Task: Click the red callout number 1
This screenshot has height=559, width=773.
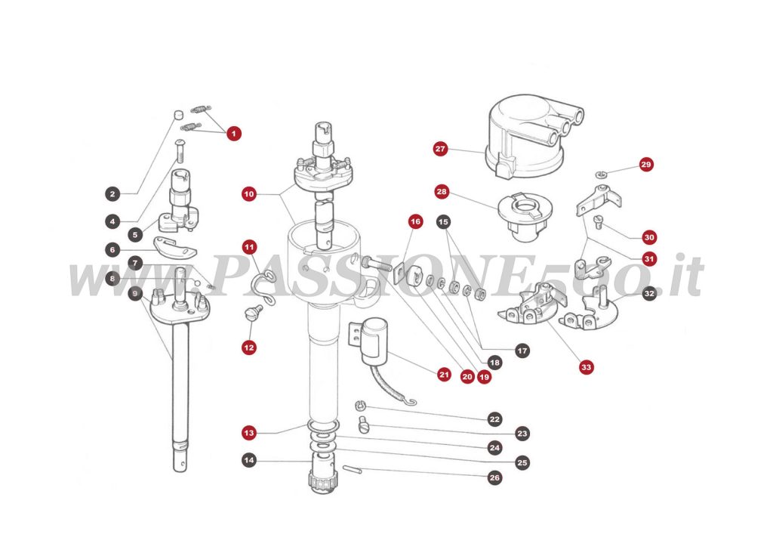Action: (x=233, y=134)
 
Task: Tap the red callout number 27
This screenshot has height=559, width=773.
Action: (x=441, y=149)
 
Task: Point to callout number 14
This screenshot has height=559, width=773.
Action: (x=249, y=459)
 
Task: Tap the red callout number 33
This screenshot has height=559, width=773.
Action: (x=587, y=368)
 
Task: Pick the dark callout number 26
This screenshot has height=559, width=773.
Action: (x=494, y=477)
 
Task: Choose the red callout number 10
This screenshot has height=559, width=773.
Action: (x=249, y=194)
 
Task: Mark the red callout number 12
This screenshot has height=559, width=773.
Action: (x=249, y=347)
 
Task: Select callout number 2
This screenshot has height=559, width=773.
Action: (x=112, y=194)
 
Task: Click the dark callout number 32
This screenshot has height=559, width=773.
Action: (x=649, y=295)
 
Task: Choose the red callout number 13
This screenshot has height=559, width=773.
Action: (x=249, y=433)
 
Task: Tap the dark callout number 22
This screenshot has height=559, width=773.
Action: (x=494, y=418)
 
